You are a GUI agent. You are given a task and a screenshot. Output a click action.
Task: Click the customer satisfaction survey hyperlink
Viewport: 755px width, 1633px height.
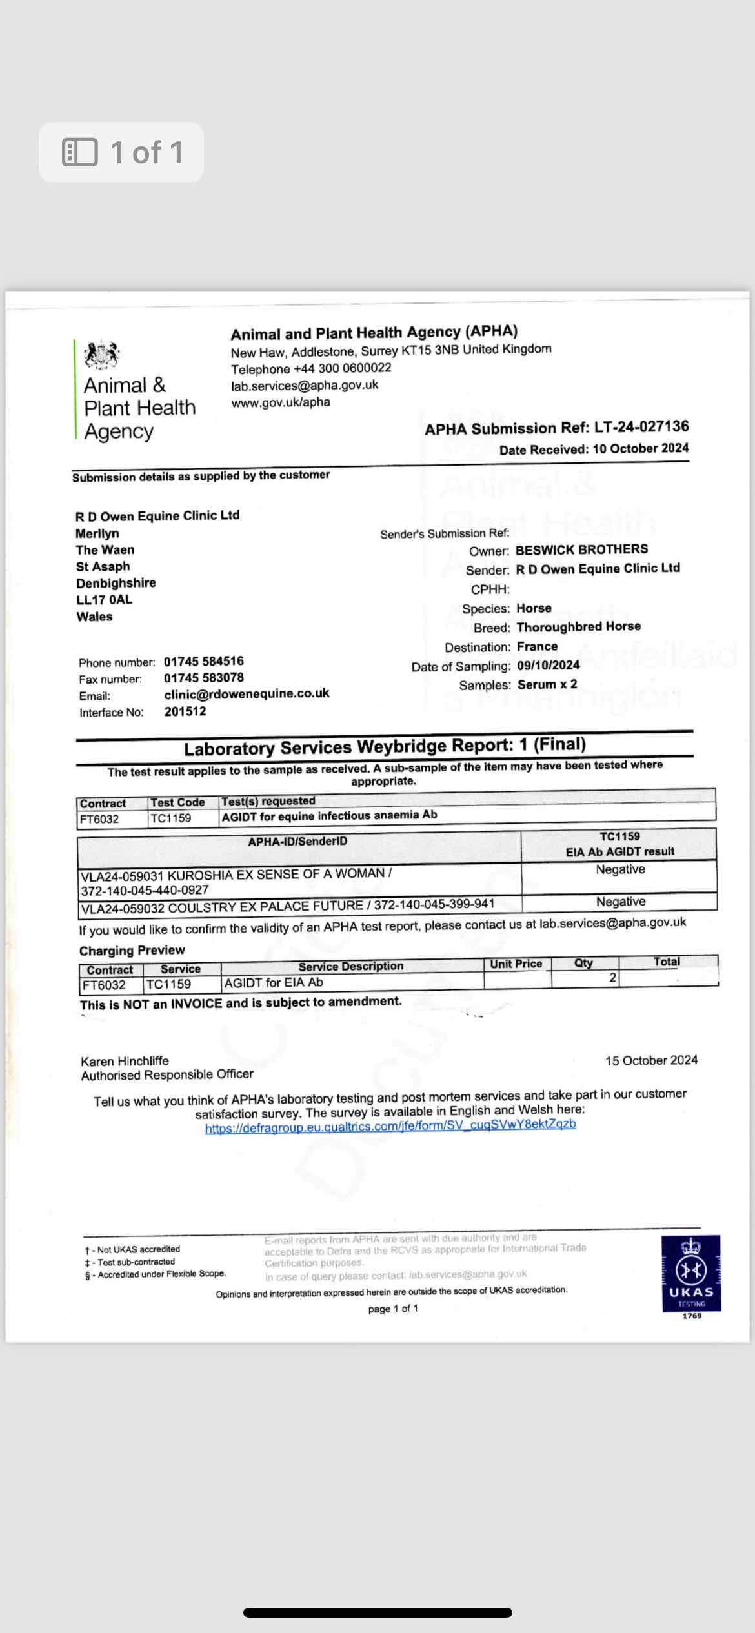pyautogui.click(x=390, y=1125)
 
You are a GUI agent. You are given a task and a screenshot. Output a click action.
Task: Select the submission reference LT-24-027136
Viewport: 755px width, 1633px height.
pyautogui.click(x=641, y=427)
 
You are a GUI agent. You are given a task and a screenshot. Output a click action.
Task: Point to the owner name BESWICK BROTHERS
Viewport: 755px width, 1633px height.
pyautogui.click(x=581, y=549)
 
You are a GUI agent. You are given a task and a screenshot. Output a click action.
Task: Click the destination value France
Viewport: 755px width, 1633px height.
pyautogui.click(x=537, y=646)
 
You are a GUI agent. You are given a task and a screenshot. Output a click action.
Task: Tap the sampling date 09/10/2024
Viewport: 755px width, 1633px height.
pyautogui.click(x=548, y=666)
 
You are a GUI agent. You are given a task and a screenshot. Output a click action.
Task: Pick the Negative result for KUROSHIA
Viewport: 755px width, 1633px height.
pyautogui.click(x=620, y=869)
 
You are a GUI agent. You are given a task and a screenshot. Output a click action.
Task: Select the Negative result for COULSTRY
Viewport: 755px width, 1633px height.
pyautogui.click(x=620, y=902)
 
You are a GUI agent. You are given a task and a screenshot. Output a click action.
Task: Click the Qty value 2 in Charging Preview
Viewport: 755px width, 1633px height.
pyautogui.click(x=612, y=978)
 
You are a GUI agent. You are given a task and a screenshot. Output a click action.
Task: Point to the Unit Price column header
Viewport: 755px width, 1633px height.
pyautogui.click(x=516, y=964)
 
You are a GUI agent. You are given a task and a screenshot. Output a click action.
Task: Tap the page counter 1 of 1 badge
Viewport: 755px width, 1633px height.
pyautogui.click(x=121, y=153)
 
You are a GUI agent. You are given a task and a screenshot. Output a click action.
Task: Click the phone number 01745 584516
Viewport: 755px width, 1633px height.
pyautogui.click(x=203, y=662)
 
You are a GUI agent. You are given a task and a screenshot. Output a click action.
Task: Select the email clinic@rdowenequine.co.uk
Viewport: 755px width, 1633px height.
pyautogui.click(x=247, y=694)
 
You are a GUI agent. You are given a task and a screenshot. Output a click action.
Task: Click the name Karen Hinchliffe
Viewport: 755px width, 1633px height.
pyautogui.click(x=125, y=1061)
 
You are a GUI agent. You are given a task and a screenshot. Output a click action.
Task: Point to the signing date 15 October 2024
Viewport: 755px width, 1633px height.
pyautogui.click(x=651, y=1060)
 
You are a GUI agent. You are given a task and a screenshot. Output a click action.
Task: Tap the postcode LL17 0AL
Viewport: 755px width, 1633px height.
pyautogui.click(x=104, y=600)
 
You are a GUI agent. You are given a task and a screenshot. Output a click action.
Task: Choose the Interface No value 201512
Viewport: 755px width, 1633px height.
pyautogui.click(x=185, y=711)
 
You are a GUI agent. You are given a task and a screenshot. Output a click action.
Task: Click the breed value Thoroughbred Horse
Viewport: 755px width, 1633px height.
pyautogui.click(x=579, y=627)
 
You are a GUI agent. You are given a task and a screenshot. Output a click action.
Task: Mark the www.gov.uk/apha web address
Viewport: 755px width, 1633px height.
pyautogui.click(x=281, y=402)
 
